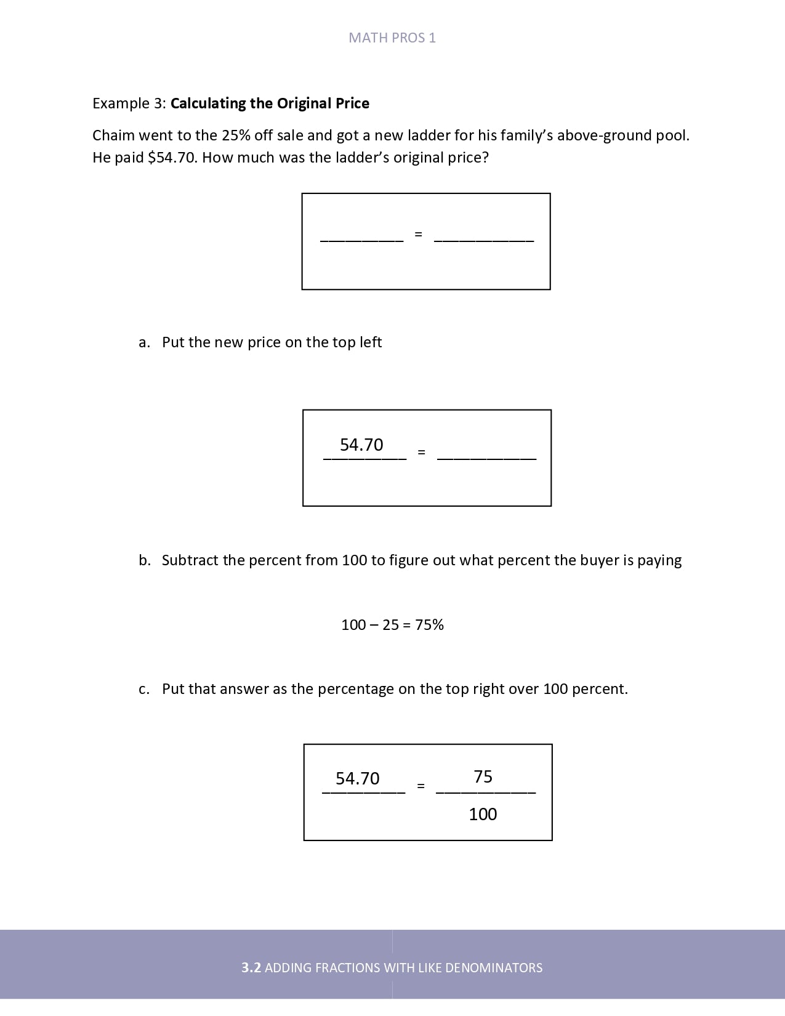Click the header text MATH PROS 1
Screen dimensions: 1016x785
(x=392, y=38)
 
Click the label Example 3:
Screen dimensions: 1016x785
(x=129, y=103)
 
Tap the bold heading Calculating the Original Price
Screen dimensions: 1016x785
(x=270, y=103)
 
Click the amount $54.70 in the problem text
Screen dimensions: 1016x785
(x=172, y=158)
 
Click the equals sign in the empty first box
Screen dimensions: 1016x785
(x=419, y=235)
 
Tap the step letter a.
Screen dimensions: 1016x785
(x=144, y=343)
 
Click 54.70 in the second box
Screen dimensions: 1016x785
(x=361, y=445)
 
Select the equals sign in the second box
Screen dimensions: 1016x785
(x=421, y=452)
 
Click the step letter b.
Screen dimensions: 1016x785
(x=144, y=560)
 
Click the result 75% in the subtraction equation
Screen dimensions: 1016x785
(x=429, y=625)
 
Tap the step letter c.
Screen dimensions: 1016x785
(x=144, y=689)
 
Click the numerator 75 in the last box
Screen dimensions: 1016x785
(x=483, y=777)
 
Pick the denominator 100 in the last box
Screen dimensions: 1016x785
(x=483, y=815)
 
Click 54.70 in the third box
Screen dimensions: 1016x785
(x=358, y=779)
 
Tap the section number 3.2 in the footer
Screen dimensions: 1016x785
(x=251, y=968)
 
